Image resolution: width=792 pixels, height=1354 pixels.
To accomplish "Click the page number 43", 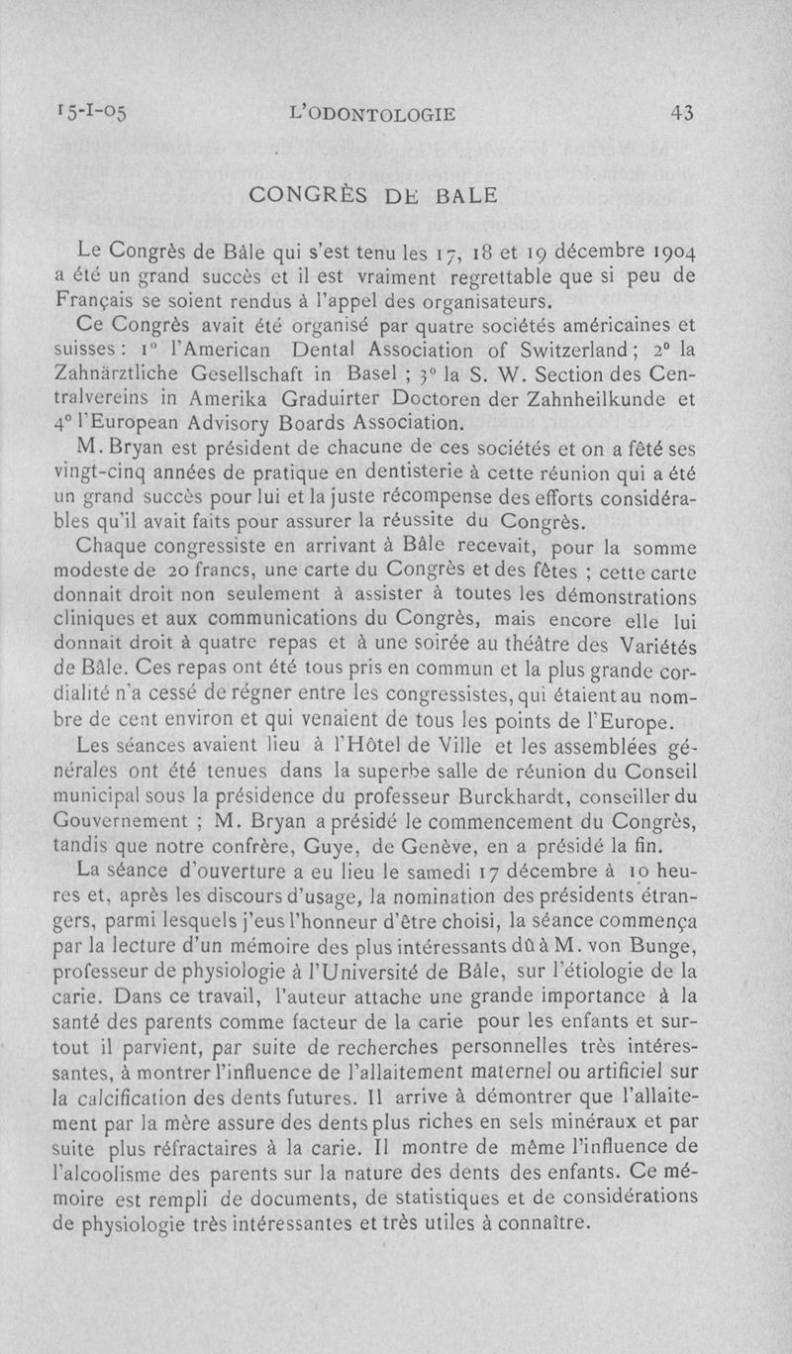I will [681, 113].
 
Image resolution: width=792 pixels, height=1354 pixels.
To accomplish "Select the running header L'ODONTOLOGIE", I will [371, 114].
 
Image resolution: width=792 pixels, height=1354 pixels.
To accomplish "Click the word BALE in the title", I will [462, 196].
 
